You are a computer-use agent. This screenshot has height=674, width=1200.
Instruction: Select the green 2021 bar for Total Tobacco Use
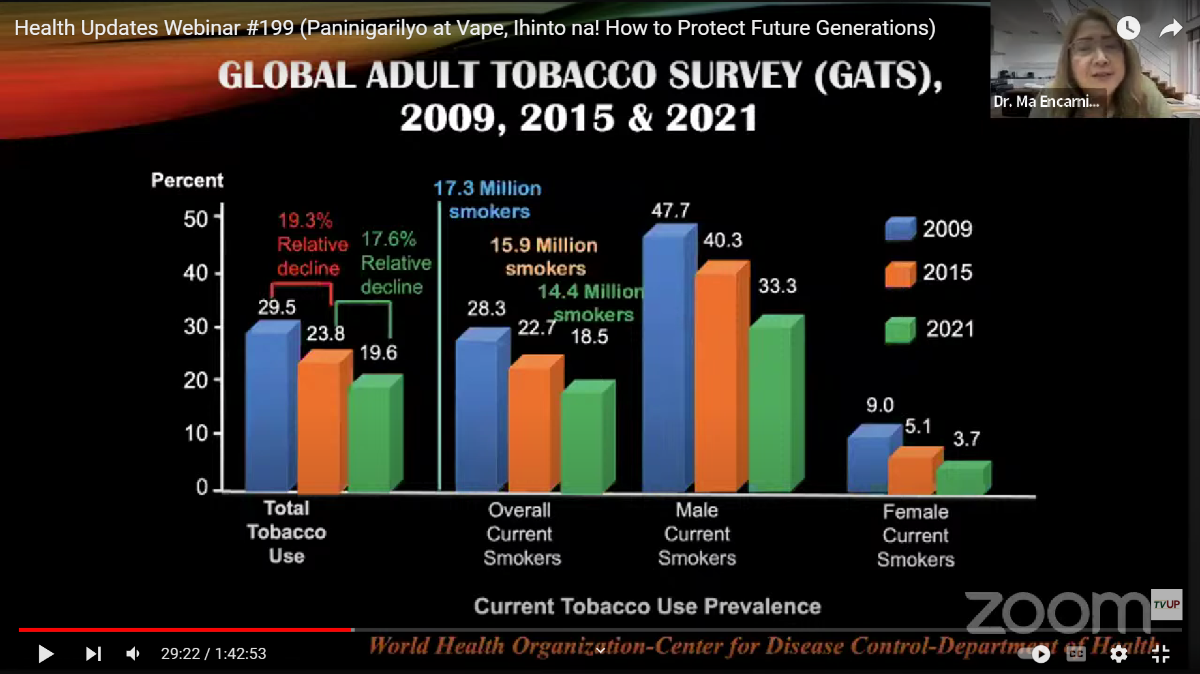coord(370,437)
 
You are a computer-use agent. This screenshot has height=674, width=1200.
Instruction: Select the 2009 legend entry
coord(929,229)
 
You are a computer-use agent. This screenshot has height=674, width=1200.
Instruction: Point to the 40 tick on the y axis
coord(196,273)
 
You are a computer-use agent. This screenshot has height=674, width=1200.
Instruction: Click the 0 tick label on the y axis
coord(201,487)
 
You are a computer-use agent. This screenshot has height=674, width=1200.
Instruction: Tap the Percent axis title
coord(187,181)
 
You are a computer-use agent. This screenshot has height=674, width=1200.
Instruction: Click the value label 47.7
coord(670,211)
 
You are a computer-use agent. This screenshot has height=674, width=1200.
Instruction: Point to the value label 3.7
coord(966,439)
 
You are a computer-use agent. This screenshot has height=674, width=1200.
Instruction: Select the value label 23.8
coord(325,334)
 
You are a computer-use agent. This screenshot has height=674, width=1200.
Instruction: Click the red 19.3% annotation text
coord(305,221)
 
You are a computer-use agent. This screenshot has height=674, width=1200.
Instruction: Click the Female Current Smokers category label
coord(915,535)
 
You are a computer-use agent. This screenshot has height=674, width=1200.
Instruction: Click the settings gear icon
coord(1119,653)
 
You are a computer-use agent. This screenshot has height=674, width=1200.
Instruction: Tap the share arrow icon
coord(1170,28)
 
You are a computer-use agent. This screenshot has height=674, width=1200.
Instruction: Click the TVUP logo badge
coord(1166,604)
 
